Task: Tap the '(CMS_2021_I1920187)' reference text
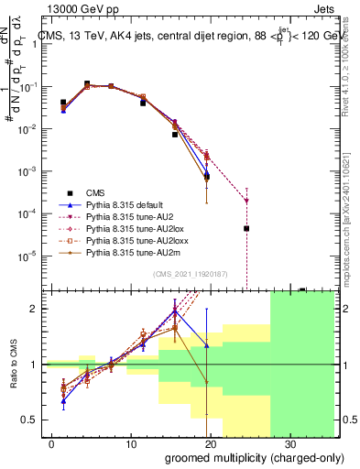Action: coord(191,273)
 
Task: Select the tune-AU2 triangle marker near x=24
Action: coord(246,200)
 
